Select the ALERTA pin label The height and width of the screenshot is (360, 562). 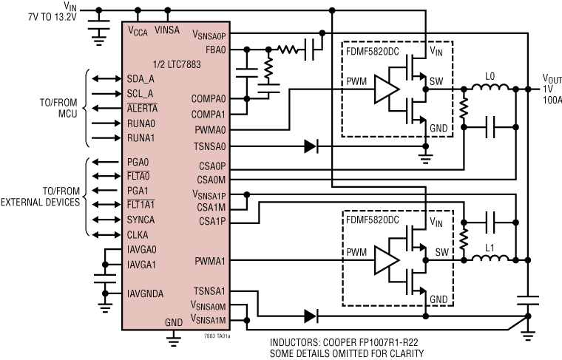click(142, 108)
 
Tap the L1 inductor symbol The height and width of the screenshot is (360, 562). click(489, 259)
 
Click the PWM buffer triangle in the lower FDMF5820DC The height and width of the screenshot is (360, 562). click(385, 259)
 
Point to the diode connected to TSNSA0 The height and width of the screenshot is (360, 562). click(311, 146)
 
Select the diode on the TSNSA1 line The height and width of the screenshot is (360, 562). click(311, 316)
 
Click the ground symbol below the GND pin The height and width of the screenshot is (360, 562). click(174, 339)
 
